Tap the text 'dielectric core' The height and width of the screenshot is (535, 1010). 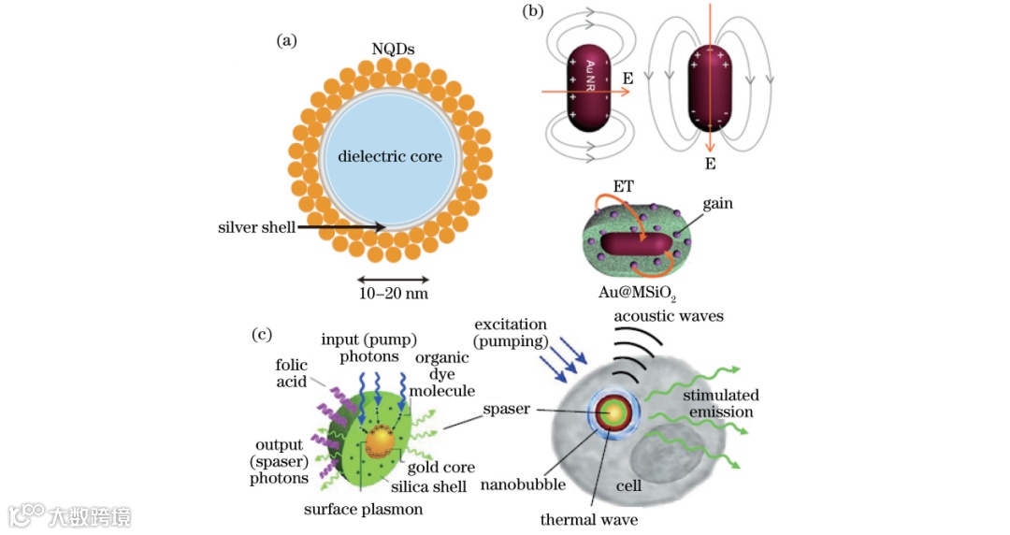point(390,155)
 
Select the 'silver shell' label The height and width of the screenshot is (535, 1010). point(257,227)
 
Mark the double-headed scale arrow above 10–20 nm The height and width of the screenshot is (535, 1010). point(393,279)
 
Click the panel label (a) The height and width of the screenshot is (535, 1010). point(287,39)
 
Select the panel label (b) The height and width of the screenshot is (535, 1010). point(533,11)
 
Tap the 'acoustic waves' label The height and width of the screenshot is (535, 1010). point(669,316)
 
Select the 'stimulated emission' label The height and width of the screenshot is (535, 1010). point(721,403)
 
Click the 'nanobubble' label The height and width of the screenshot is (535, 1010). point(521,484)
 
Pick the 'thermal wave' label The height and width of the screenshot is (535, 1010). point(589,518)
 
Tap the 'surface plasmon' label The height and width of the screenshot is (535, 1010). point(364,510)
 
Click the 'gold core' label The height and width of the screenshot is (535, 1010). point(441,467)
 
